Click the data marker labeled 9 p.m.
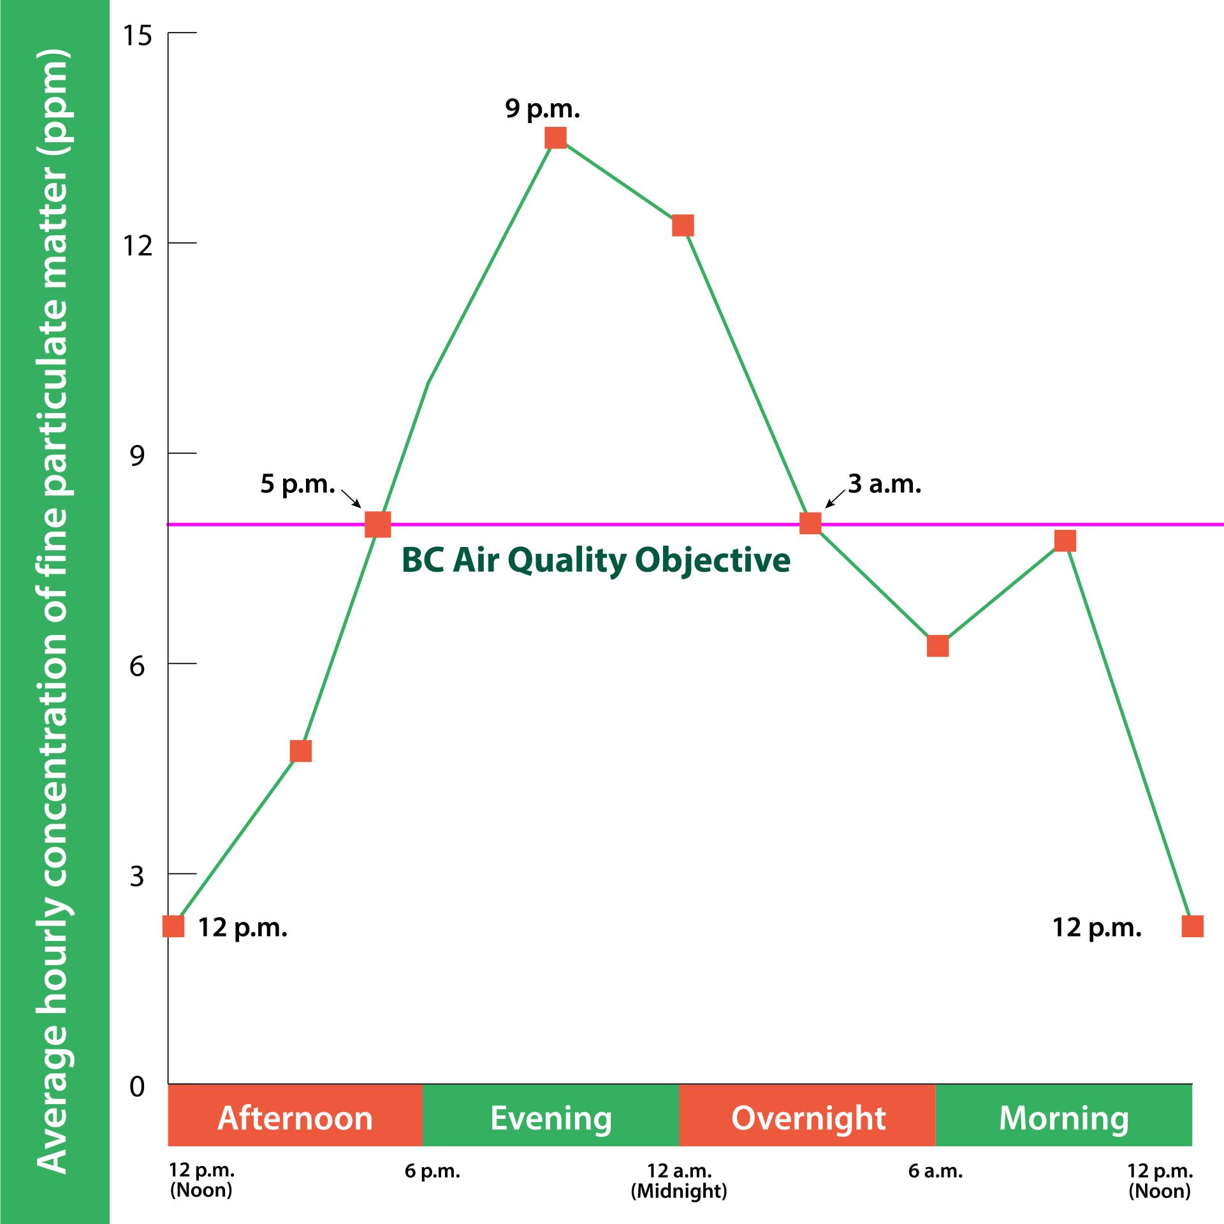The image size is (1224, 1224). coord(556,137)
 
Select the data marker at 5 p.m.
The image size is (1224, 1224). coord(377,524)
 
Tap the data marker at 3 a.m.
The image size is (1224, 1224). coord(810,523)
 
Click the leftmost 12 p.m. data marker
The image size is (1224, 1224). coord(173,926)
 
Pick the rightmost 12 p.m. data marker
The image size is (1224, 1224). coord(1192,926)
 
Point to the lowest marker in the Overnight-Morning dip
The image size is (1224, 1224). coord(938,646)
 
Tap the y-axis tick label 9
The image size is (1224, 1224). coord(138,456)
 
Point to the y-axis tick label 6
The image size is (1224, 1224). coord(138,667)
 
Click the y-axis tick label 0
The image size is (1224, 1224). coord(138,1086)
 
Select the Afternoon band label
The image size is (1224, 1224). coord(295,1118)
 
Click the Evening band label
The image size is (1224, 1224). coord(551,1118)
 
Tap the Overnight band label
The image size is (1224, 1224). coord(808,1118)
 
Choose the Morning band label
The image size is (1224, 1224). coord(1063,1118)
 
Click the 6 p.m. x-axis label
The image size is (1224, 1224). coord(432,1171)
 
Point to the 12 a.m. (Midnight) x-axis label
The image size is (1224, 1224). coord(679,1181)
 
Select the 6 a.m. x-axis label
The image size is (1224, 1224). coord(935,1171)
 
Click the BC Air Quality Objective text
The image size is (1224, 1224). coord(595,560)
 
